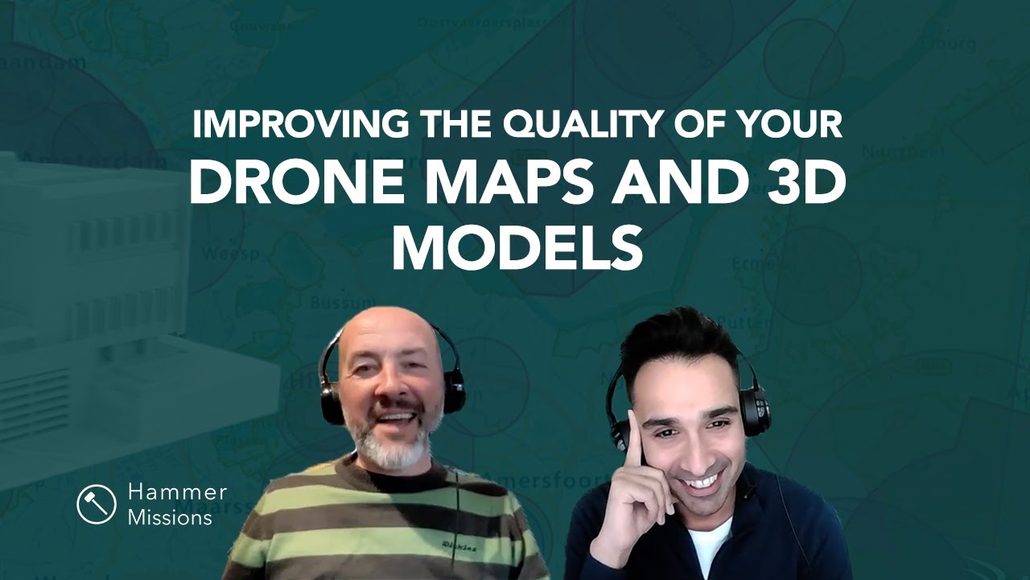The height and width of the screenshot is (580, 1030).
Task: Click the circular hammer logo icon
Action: pos(97,504)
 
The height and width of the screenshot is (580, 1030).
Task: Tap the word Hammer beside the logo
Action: pos(177,492)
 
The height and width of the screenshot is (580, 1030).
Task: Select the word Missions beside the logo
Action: pos(170,517)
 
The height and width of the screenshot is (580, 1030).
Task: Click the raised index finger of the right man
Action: pos(633,432)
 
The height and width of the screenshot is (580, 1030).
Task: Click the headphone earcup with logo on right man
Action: pos(754,412)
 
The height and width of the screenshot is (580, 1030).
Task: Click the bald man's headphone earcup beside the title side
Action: pos(453,389)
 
